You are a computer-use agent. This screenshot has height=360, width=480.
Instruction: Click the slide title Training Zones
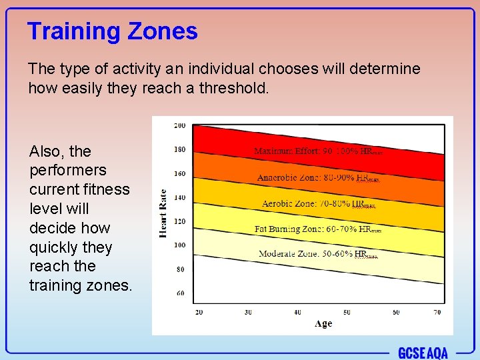coord(113,31)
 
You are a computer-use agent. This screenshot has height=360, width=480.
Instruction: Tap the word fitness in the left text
coord(104,189)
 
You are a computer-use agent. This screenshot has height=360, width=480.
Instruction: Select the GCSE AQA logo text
coord(423,352)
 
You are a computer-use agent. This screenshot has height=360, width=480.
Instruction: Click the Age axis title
coord(323,323)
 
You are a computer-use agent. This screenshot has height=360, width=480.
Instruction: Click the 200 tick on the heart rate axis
coord(179,125)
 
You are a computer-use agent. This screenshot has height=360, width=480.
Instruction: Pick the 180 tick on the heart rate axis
coord(179,149)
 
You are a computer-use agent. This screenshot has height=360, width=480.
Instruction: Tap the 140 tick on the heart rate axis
coord(179,197)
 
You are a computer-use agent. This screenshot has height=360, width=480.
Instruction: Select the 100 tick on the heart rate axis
coord(179,245)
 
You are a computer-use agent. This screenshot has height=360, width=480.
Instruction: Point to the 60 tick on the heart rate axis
coord(180,293)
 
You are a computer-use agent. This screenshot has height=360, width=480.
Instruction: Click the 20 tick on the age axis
coord(199,312)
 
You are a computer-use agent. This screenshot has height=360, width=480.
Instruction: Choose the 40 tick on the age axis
coord(297,312)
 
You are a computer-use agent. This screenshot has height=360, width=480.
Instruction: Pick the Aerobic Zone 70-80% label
coord(318,204)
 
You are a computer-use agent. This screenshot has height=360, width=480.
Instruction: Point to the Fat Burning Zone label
coord(318,229)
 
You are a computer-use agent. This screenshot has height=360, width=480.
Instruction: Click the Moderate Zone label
coord(318,254)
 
